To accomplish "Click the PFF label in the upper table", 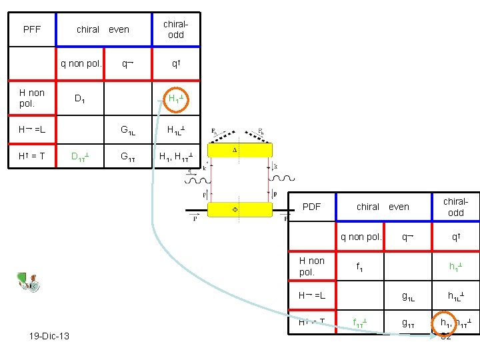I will [x=32, y=29].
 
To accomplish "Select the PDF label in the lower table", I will [x=312, y=207].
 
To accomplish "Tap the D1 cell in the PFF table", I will [x=79, y=99].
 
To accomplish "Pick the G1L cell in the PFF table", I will [x=127, y=131].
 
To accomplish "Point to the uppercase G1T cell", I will [x=127, y=158].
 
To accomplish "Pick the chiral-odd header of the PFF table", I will [x=175, y=29].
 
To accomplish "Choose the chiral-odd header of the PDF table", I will [x=455, y=207].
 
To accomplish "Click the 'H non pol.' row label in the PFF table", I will [x=32, y=99].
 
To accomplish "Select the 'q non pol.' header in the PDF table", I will [x=361, y=236].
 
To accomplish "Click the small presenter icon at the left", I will [x=28, y=283].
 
